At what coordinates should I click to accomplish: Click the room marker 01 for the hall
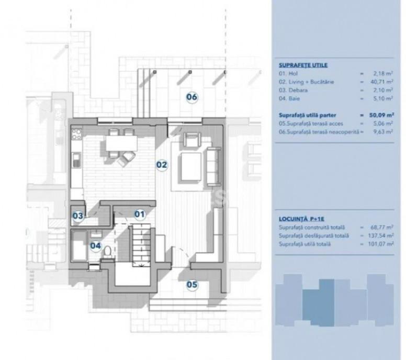(x=140, y=214)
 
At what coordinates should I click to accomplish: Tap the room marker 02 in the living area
(x=162, y=165)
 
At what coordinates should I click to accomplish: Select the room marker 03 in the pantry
(x=77, y=216)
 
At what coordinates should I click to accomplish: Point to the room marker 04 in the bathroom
(x=96, y=245)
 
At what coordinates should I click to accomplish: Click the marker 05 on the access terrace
(x=192, y=285)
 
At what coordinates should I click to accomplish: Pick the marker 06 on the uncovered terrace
(x=192, y=97)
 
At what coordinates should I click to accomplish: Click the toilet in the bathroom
(x=108, y=252)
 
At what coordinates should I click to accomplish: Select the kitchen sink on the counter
(x=76, y=160)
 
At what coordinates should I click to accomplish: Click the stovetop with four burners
(x=76, y=134)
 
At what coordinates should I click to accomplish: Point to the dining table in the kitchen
(x=121, y=143)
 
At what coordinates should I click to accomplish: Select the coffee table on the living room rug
(x=191, y=166)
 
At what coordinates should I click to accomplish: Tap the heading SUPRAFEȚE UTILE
(x=303, y=65)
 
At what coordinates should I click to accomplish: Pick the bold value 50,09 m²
(x=381, y=115)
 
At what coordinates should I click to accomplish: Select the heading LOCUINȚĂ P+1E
(x=302, y=219)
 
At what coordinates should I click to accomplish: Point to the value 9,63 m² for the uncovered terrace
(x=383, y=131)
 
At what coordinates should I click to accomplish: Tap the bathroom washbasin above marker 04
(x=96, y=234)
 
